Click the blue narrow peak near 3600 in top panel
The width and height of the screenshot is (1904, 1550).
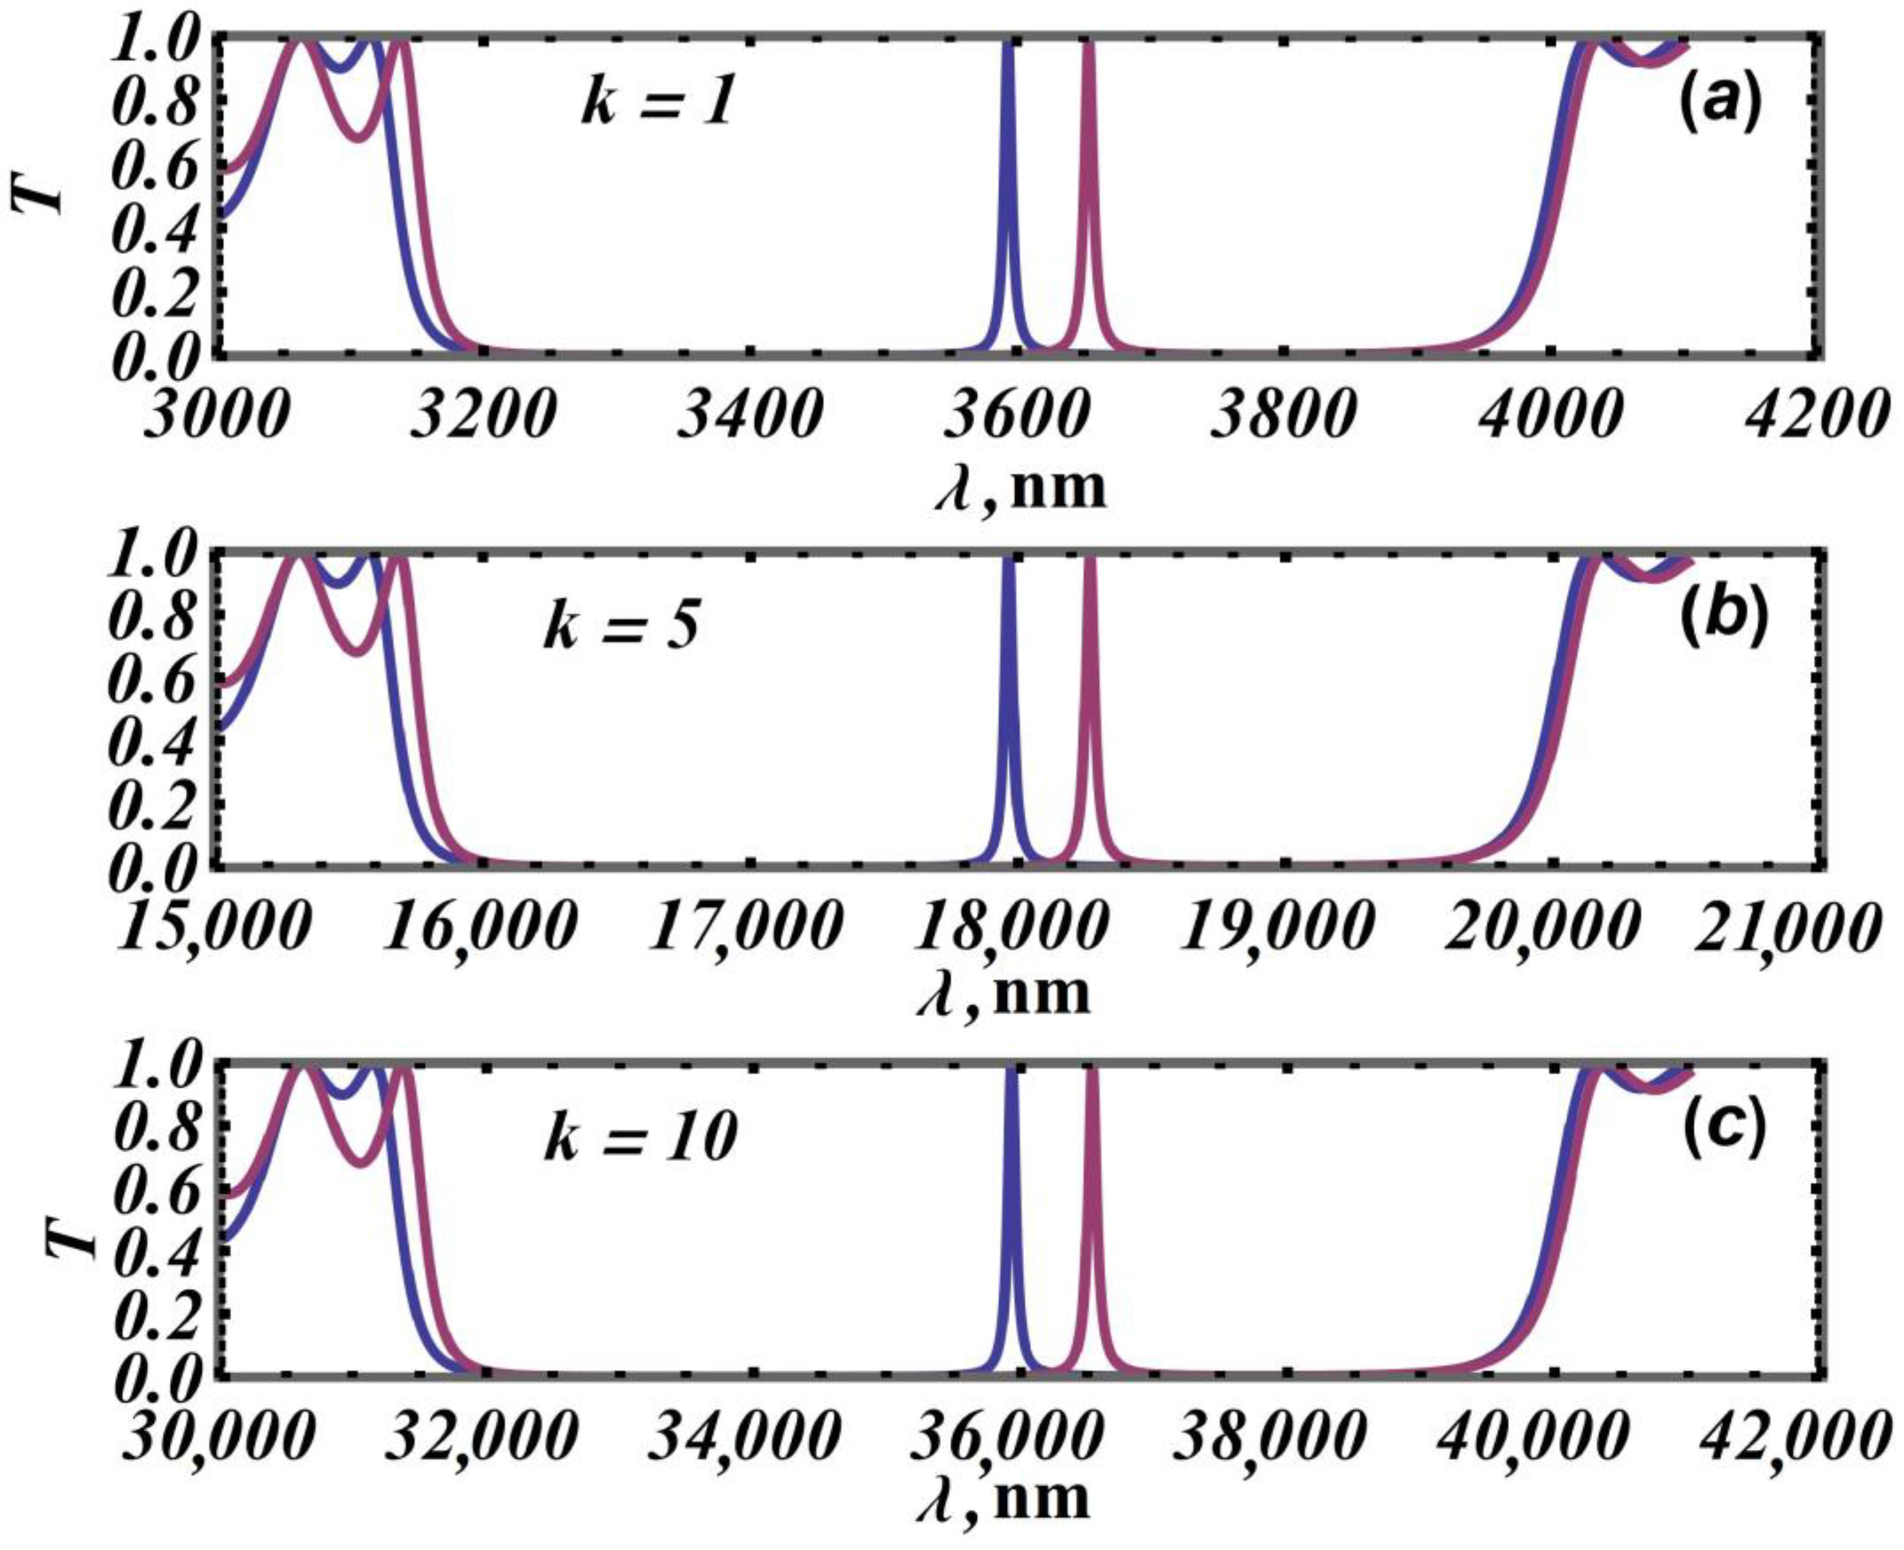pos(1008,179)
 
